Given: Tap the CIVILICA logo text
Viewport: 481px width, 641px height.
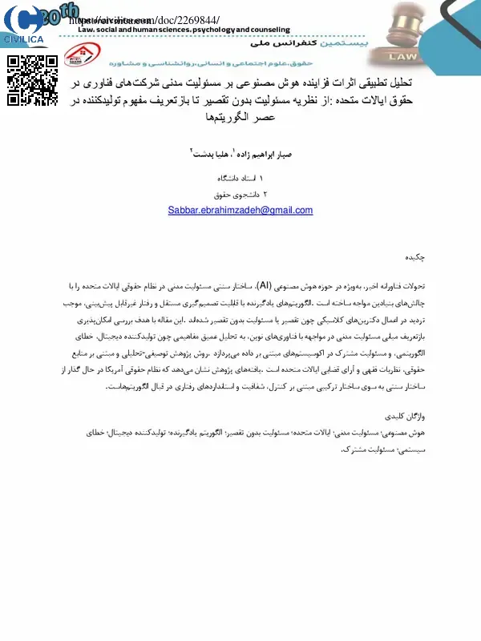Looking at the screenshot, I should click(23, 38).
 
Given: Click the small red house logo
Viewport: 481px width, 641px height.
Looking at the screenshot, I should click(79, 58).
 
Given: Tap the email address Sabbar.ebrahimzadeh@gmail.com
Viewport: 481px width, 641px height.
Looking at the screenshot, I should click(240, 210).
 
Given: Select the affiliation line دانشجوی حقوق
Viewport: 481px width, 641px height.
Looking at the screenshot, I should click(235, 193).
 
